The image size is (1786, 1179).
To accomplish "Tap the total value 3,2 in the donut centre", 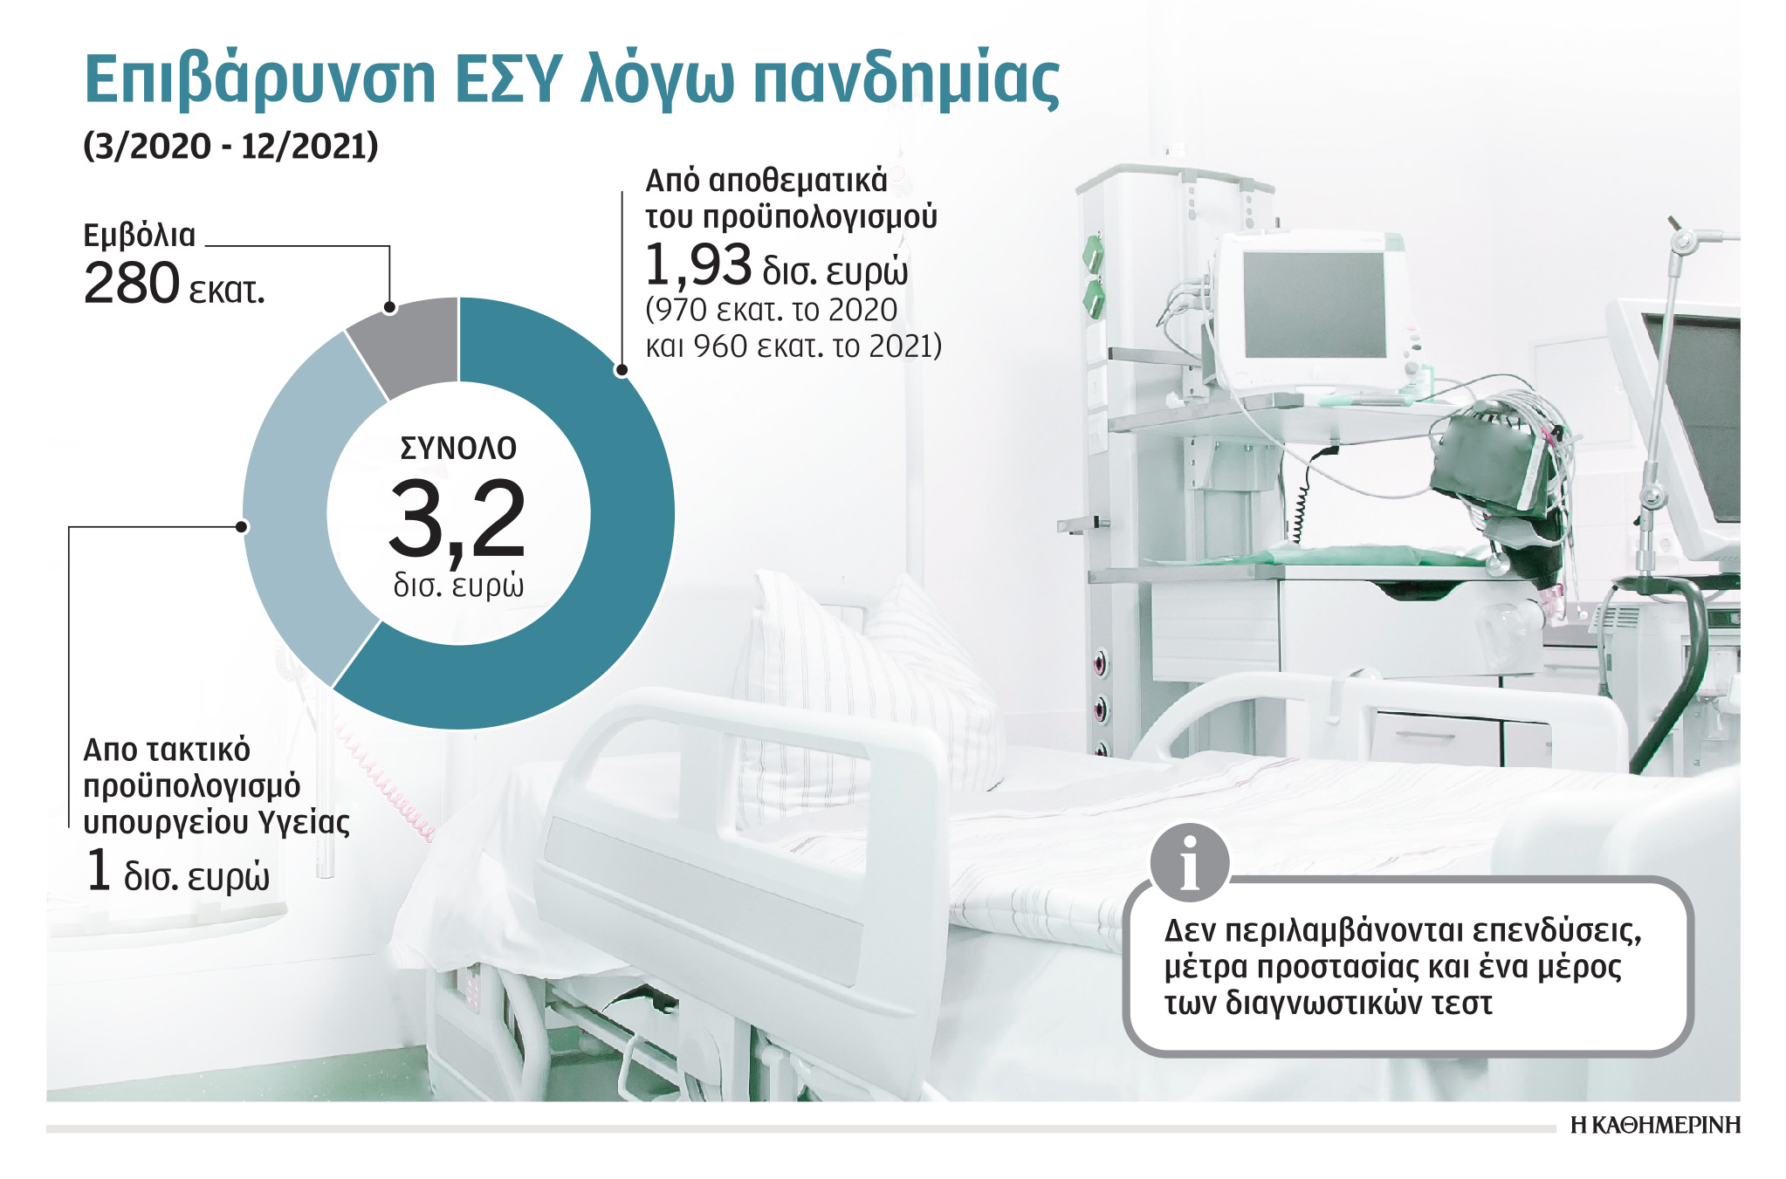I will tap(457, 521).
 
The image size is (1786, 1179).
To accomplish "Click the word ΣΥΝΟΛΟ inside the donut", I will tap(458, 449).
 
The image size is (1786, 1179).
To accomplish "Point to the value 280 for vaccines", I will tap(131, 284).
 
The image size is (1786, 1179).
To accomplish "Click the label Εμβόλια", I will tap(140, 236).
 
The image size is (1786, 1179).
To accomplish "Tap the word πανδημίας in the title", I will tap(905, 80).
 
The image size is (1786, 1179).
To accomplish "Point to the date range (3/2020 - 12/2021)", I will tap(230, 146).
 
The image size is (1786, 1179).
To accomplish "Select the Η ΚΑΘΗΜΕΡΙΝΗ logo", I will tap(1655, 1125).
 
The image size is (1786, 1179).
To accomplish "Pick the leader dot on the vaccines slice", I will tap(389, 307).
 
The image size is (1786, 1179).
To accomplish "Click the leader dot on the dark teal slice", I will tap(622, 370).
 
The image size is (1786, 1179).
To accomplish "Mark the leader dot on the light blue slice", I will tap(242, 526).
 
